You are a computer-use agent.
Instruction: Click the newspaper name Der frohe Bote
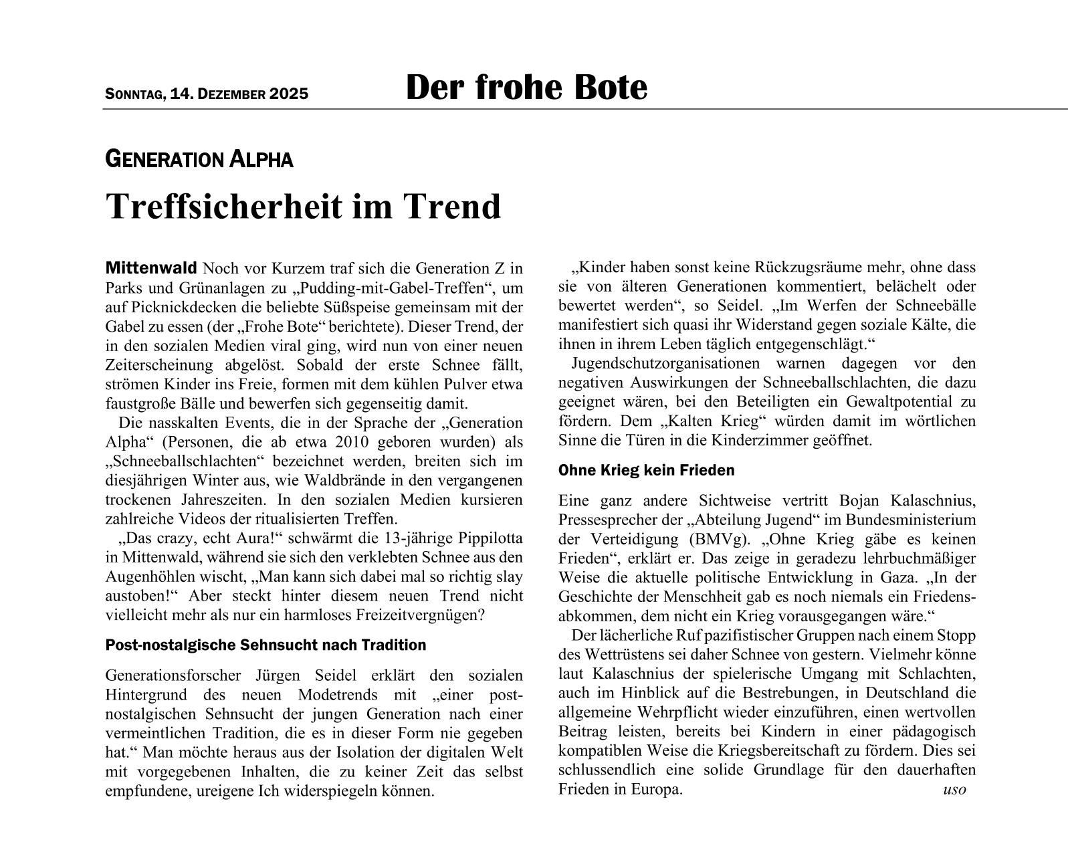click(x=526, y=88)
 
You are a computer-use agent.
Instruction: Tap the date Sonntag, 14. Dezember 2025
click(x=207, y=94)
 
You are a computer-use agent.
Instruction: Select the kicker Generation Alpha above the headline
click(x=199, y=160)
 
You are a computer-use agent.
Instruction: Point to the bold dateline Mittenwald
click(x=151, y=269)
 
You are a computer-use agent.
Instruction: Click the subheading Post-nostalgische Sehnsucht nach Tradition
click(x=265, y=645)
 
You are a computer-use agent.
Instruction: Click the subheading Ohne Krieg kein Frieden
click(x=646, y=470)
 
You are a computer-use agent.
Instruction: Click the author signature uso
click(x=954, y=789)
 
